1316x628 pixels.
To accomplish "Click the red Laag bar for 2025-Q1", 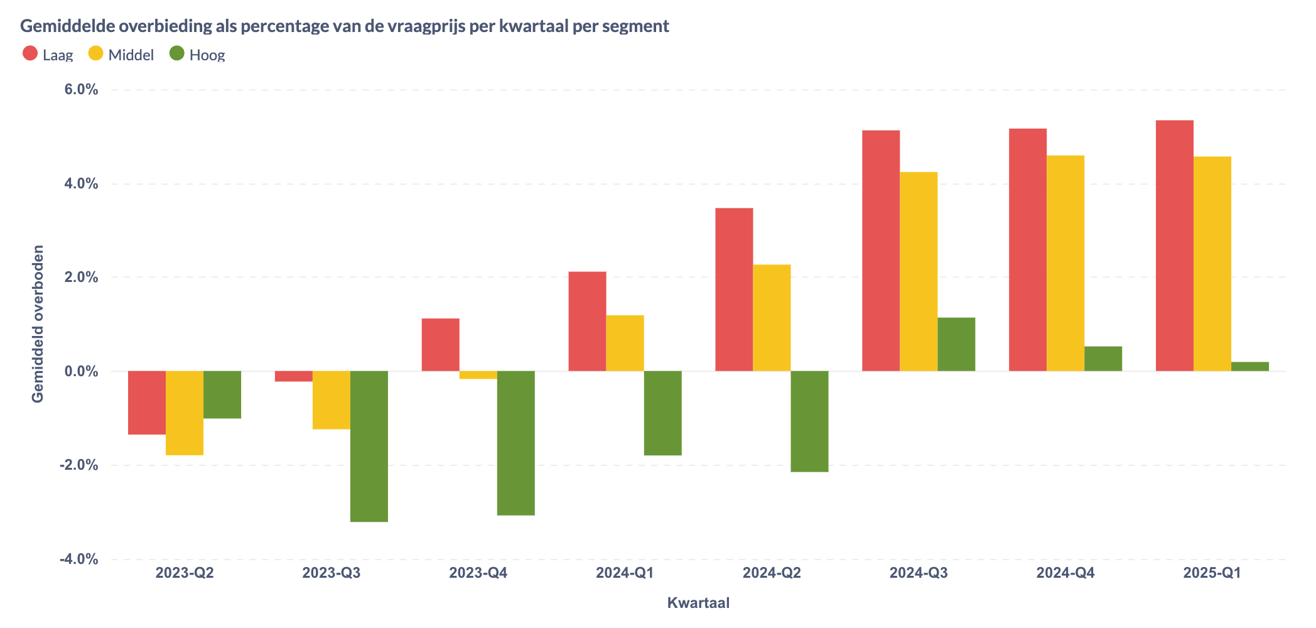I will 1174,245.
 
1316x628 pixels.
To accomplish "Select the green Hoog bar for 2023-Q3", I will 369,446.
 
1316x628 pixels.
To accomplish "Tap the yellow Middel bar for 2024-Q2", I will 772,318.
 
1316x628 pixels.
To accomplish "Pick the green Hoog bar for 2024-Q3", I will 956,344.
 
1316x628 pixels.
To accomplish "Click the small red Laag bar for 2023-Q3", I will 293,376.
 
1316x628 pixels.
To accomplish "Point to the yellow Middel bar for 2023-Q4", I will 478,375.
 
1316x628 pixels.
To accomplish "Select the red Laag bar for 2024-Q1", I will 587,321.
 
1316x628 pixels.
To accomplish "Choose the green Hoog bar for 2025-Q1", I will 1249,367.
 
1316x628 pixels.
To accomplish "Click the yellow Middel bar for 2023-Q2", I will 185,413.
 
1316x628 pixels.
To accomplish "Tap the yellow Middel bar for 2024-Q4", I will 1065,263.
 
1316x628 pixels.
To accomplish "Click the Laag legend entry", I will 48,55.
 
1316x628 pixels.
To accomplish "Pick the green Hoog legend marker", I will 177,53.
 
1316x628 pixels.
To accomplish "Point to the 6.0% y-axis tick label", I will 81,90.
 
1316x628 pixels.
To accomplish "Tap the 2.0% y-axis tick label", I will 81,277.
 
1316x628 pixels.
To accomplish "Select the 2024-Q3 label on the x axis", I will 919,573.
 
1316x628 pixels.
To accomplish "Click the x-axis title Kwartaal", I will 698,603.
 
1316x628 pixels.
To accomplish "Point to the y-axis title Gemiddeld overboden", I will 38,324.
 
